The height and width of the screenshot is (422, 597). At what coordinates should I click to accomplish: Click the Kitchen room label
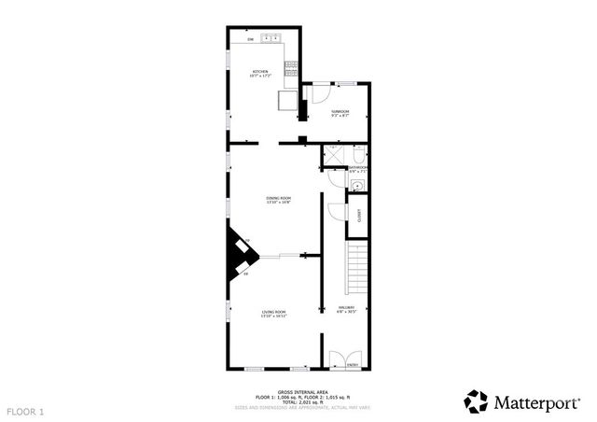[260, 74]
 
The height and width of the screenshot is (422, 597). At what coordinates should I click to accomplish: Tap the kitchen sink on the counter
[271, 38]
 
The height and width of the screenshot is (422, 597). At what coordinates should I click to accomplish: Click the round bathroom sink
[356, 187]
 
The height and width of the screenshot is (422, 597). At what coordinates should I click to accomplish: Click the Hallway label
[346, 309]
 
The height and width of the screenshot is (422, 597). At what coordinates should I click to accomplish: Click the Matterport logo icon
[477, 401]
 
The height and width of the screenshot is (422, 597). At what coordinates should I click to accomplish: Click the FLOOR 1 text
[25, 411]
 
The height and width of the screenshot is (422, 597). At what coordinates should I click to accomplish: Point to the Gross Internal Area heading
[298, 393]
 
